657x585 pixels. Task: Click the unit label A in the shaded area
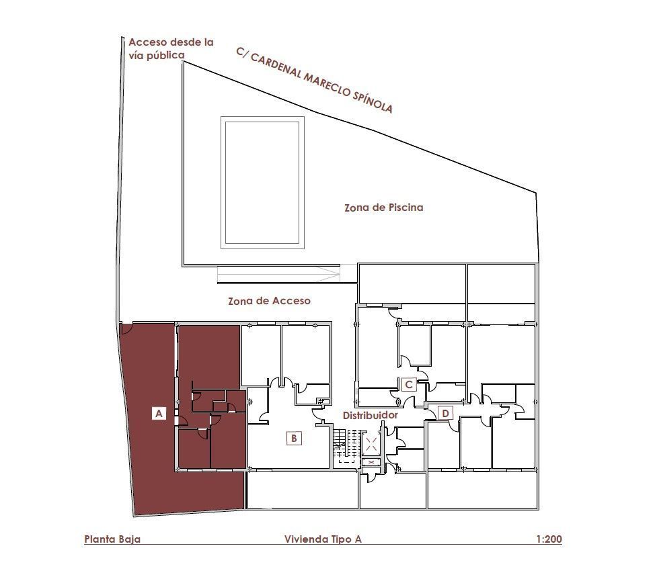(x=159, y=413)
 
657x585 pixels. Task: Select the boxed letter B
(x=294, y=438)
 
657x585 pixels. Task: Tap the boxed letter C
(x=409, y=385)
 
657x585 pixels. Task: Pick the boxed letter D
(x=445, y=414)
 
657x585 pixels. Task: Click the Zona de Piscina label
(x=384, y=208)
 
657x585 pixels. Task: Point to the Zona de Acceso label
(x=270, y=301)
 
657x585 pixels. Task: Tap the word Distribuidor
(x=371, y=415)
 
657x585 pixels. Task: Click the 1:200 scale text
(x=549, y=539)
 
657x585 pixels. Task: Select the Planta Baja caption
(x=112, y=539)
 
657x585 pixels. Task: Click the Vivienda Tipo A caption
(x=323, y=539)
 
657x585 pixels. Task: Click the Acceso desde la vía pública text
(x=171, y=48)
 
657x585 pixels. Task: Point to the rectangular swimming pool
(x=262, y=183)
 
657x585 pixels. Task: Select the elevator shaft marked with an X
(x=371, y=445)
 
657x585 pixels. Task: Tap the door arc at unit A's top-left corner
(x=127, y=328)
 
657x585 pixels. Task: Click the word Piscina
(x=405, y=208)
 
